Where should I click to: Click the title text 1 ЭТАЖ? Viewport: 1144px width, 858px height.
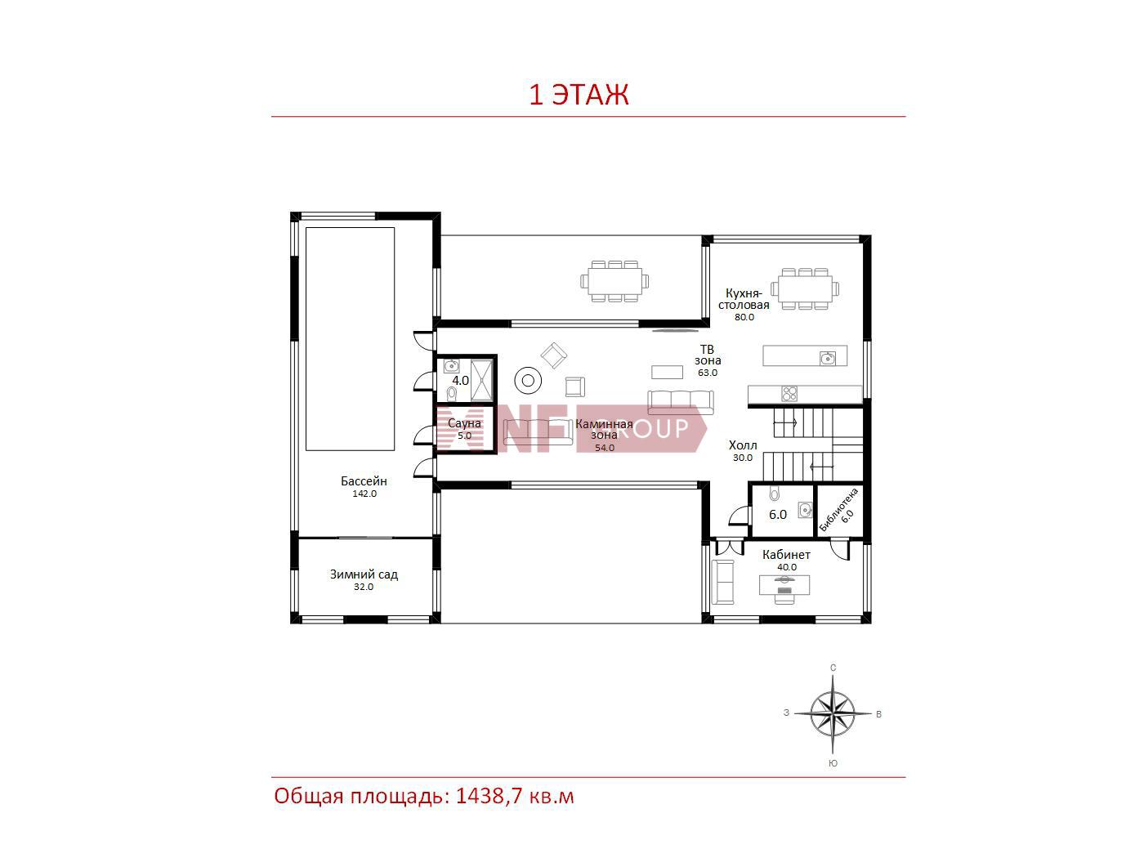coord(579,94)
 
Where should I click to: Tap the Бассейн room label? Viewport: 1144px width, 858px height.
coord(364,480)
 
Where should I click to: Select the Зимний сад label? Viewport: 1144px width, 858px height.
coord(364,574)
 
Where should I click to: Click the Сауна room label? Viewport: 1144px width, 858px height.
coord(464,423)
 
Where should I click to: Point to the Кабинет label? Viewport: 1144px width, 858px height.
coord(786,555)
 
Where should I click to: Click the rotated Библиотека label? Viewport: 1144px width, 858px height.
coord(838,509)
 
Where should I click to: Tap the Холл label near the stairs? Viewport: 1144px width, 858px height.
coord(743,445)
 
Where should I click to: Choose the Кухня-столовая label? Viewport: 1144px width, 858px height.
coord(744,299)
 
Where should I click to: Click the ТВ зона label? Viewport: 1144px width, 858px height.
coord(708,355)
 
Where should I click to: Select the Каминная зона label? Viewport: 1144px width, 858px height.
coord(604,429)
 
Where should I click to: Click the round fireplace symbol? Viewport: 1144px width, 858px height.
coord(528,381)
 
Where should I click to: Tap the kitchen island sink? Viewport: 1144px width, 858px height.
coord(827,359)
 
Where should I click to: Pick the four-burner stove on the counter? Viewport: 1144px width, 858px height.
coord(789,394)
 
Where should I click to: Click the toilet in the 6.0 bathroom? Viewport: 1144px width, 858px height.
coord(775,493)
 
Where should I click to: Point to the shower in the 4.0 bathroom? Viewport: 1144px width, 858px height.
coord(481,380)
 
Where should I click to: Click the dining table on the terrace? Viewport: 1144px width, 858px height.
coord(615,281)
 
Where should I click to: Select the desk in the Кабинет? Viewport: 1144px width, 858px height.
coord(784,584)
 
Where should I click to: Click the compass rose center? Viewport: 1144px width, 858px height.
coord(833,713)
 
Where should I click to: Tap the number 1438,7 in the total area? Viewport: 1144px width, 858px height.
coord(488,797)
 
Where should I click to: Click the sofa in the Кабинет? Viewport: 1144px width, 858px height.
coord(723,583)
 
